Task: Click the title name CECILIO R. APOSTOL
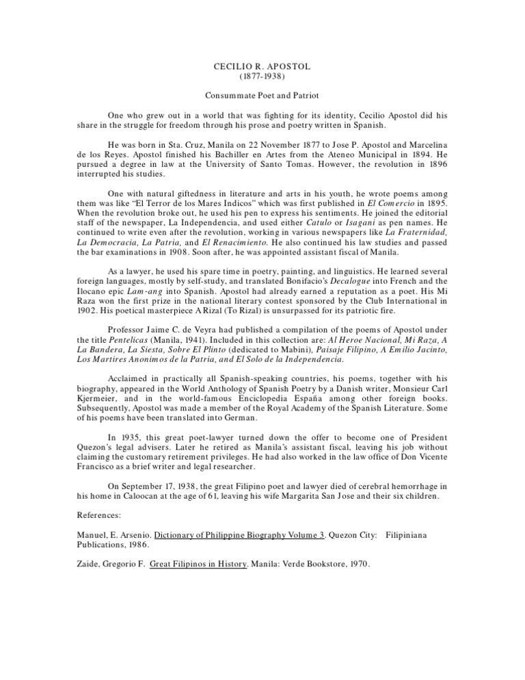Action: [x=262, y=66]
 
